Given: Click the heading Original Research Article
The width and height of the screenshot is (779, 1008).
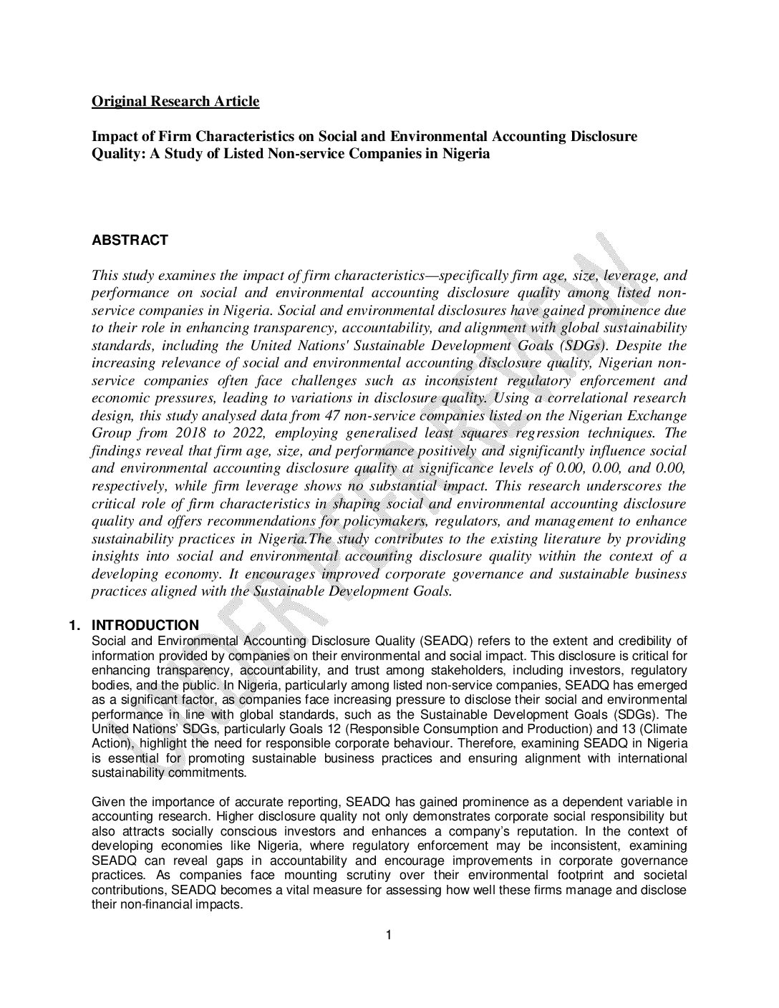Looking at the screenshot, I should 175,101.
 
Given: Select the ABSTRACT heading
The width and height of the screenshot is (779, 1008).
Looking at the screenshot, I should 130,241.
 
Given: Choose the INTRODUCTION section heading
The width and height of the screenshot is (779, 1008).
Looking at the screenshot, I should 145,625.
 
